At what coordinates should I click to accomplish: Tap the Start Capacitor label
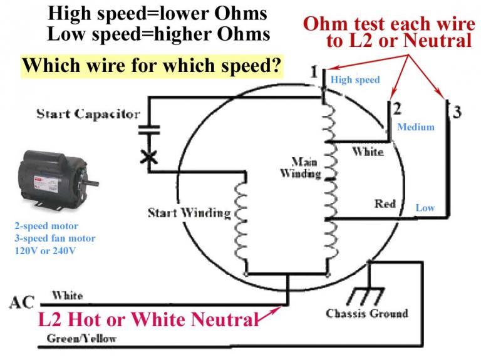tap(88, 114)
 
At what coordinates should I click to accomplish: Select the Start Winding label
tap(189, 213)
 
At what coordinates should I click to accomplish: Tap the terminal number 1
tap(314, 71)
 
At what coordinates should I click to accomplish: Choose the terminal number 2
tap(396, 108)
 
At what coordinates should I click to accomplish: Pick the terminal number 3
tap(457, 112)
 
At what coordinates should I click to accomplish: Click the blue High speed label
tap(355, 80)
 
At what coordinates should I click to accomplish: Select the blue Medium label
tap(416, 127)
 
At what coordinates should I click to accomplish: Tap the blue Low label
tap(425, 207)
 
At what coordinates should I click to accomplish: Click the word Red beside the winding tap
tap(385, 203)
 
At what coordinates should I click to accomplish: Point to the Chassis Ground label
tap(367, 313)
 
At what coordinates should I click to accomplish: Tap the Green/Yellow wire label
tap(82, 339)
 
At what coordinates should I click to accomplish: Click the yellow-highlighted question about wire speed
tap(150, 65)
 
